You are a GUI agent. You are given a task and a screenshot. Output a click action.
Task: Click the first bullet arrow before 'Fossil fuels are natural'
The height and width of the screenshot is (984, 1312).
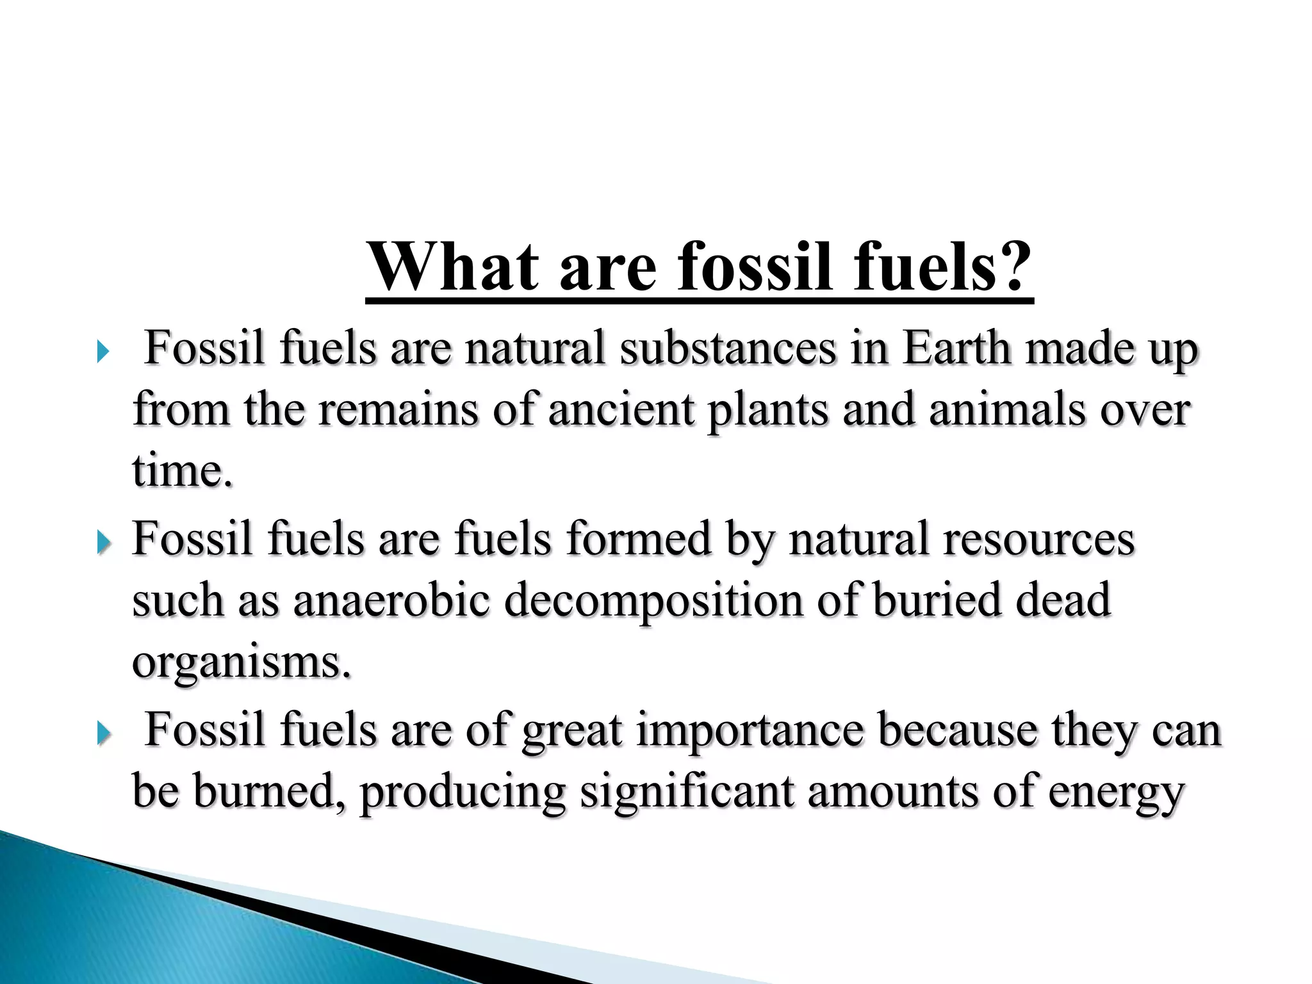(102, 352)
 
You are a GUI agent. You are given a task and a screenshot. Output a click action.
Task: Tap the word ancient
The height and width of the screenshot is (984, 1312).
(621, 409)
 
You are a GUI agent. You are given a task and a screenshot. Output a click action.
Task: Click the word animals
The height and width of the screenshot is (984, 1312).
(1007, 409)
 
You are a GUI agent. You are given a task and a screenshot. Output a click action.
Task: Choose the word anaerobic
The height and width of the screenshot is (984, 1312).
(391, 600)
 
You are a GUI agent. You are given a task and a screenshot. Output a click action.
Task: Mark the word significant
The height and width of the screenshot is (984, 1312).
(687, 792)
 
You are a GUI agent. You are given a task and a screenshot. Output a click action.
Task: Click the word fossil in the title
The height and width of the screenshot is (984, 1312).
(755, 267)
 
